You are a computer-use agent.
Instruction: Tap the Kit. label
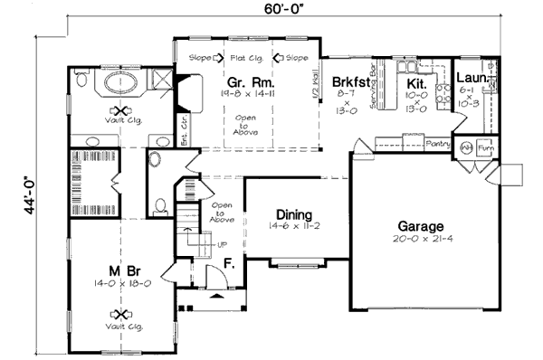coord(404,81)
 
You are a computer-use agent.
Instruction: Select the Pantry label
coord(438,143)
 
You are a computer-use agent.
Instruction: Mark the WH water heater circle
coord(467,147)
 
